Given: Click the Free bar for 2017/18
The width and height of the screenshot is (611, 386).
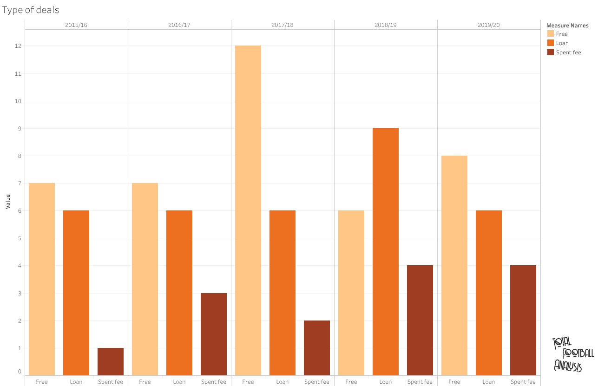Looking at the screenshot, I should (248, 210).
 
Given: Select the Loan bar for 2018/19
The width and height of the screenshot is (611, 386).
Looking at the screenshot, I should (386, 252).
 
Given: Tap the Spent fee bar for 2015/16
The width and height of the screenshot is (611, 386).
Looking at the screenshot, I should (111, 361).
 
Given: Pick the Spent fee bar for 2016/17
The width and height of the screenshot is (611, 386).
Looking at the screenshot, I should (214, 334).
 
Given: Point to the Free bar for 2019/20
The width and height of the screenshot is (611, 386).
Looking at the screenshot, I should (454, 265).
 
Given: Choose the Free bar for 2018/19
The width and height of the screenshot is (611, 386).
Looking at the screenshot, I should (351, 293).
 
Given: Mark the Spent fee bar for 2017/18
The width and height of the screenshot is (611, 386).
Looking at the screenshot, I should (317, 348).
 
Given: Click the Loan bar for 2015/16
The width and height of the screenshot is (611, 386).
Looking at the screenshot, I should (76, 293).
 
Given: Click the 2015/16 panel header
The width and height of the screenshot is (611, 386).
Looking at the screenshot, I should (76, 25).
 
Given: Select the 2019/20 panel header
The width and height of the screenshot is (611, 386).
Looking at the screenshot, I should (489, 25).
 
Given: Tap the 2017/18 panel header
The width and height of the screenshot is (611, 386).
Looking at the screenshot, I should (283, 25).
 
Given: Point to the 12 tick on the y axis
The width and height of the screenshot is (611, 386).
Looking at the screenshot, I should (19, 46).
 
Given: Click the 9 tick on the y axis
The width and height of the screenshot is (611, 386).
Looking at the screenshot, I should (20, 128).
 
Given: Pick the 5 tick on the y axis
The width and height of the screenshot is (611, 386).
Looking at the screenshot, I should (20, 238).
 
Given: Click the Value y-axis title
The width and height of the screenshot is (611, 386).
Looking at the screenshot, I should (8, 202).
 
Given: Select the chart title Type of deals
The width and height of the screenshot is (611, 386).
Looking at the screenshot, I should (31, 10).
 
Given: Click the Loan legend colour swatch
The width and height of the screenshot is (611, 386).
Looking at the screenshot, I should (551, 43).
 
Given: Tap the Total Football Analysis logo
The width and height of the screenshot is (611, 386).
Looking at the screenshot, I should (572, 354).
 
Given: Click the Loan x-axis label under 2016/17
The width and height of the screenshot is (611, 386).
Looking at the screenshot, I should (179, 382).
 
